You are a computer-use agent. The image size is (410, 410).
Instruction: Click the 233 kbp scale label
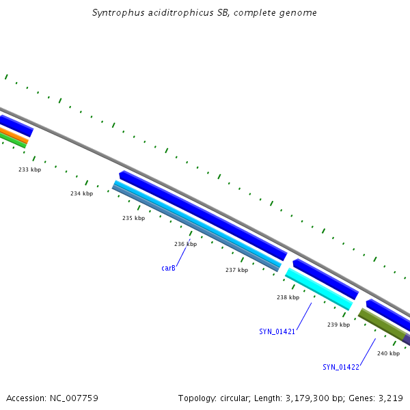pyautogui.click(x=29, y=169)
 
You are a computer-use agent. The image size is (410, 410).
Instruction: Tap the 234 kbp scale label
pyautogui.click(x=81, y=194)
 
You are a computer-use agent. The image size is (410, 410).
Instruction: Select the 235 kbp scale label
pyautogui.click(x=133, y=218)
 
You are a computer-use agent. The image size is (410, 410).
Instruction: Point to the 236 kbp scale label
pyautogui.click(x=185, y=244)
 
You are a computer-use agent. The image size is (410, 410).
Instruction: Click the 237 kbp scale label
pyautogui.click(x=236, y=270)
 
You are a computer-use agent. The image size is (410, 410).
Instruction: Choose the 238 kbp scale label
pyautogui.click(x=288, y=297)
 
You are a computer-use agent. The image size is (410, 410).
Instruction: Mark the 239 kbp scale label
pyautogui.click(x=338, y=325)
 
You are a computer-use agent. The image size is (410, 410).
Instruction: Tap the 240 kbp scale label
pyautogui.click(x=388, y=353)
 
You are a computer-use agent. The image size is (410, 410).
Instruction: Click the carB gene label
pyautogui.click(x=168, y=269)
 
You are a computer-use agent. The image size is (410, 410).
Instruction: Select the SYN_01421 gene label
pyautogui.click(x=277, y=331)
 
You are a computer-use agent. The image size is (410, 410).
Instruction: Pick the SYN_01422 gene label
pyautogui.click(x=341, y=367)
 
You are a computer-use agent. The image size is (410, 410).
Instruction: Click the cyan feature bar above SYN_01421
pyautogui.click(x=318, y=288)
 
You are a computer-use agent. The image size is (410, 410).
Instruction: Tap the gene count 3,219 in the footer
pyautogui.click(x=390, y=398)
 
